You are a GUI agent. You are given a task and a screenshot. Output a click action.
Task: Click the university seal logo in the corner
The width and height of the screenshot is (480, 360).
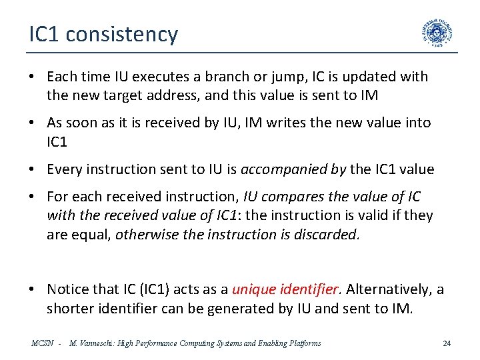click(x=437, y=33)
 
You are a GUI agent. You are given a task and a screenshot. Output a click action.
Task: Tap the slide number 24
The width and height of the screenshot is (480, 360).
click(x=447, y=343)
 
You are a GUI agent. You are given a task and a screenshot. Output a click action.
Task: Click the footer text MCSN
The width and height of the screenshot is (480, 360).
click(x=43, y=343)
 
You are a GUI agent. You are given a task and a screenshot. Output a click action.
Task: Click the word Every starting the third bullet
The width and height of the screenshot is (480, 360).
click(x=64, y=169)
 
